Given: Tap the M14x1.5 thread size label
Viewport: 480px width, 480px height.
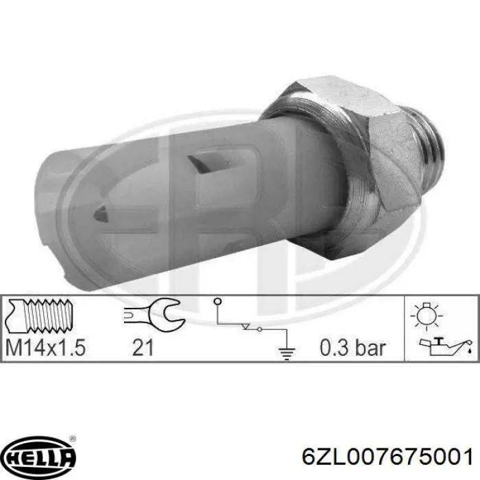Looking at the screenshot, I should [45, 348].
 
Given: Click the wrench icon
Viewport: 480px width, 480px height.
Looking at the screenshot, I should [151, 315].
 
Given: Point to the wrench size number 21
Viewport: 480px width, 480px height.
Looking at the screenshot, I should [142, 348].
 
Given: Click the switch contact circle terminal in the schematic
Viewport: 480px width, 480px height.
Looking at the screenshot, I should [218, 302].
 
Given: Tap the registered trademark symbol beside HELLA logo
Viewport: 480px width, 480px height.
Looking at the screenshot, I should [73, 440].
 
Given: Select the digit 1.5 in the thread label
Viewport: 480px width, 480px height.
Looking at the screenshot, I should [71, 348].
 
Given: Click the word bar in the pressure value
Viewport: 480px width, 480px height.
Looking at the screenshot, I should [370, 348].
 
